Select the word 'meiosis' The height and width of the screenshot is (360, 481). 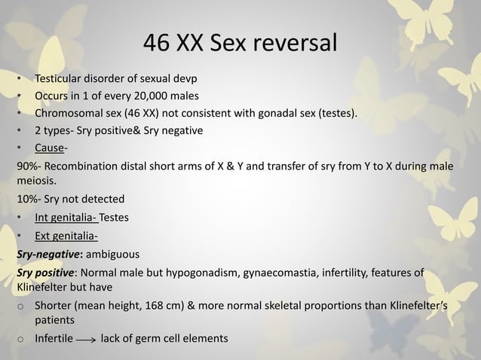tap(36, 181)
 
